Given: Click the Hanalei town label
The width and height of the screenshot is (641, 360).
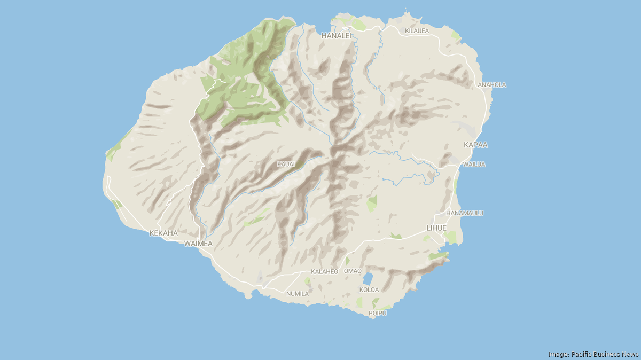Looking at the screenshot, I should pyautogui.click(x=336, y=36).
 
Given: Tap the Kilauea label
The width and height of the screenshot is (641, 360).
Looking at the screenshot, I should pyautogui.click(x=417, y=31).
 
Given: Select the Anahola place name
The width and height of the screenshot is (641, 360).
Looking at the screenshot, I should pyautogui.click(x=492, y=85).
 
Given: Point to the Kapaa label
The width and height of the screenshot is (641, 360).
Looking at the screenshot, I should pyautogui.click(x=475, y=145).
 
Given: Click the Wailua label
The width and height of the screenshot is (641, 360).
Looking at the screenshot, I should pyautogui.click(x=474, y=165).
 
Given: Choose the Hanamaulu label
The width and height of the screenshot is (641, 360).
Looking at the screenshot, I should pyautogui.click(x=464, y=213).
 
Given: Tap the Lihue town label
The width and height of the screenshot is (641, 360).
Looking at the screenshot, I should pyautogui.click(x=436, y=228).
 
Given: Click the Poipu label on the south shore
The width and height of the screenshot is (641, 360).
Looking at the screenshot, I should pyautogui.click(x=377, y=313).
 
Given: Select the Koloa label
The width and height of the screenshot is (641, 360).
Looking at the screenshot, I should pyautogui.click(x=369, y=290).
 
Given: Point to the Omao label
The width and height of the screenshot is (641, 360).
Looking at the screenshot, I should pyautogui.click(x=353, y=271).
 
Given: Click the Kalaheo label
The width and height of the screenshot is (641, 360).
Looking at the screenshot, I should pyautogui.click(x=325, y=272).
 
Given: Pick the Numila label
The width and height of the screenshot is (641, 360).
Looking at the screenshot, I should pyautogui.click(x=298, y=294).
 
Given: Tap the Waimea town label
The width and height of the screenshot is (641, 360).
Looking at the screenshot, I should pyautogui.click(x=198, y=244).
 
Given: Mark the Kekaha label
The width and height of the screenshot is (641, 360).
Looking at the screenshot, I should pyautogui.click(x=163, y=233).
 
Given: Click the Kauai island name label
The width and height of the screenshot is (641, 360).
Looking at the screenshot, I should pyautogui.click(x=286, y=164).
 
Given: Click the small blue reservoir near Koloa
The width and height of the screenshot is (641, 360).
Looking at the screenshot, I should pyautogui.click(x=368, y=278).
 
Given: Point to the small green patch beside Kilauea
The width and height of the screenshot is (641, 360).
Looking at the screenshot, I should pyautogui.click(x=455, y=36).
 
